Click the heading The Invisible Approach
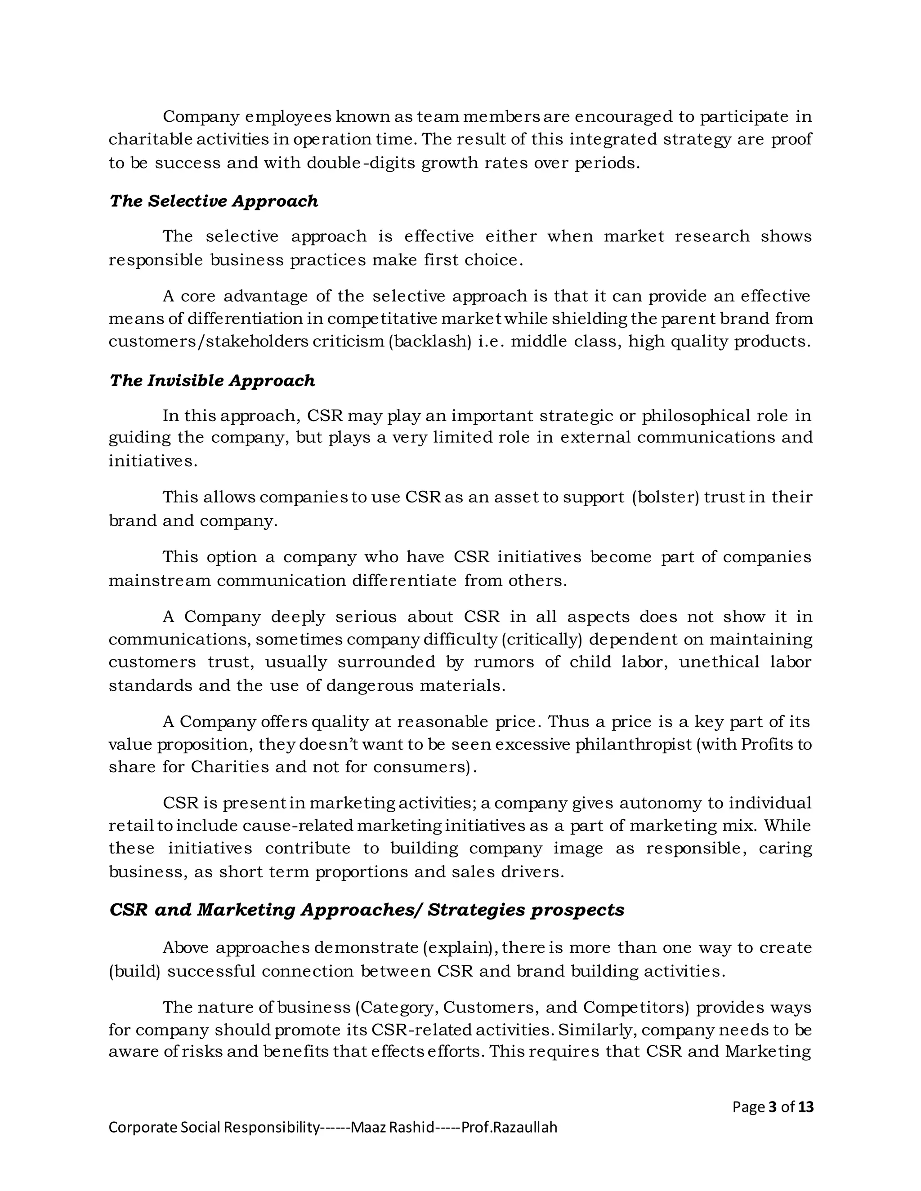212,381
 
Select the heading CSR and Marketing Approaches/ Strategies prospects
367,910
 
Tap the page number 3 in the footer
772,1107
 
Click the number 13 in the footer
806,1107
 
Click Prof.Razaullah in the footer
509,1127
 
